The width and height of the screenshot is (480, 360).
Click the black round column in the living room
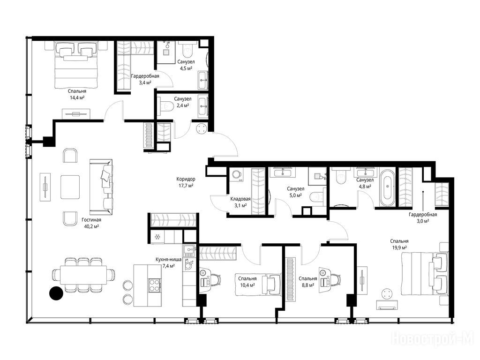[x=56, y=293]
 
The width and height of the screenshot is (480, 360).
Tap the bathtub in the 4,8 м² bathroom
[x=388, y=187]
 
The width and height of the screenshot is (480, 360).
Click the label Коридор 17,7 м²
[x=186, y=182]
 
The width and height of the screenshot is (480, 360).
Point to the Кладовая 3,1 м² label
[x=240, y=202]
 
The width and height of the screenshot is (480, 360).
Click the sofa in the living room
[x=101, y=187]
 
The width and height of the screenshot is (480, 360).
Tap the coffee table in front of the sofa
[x=70, y=187]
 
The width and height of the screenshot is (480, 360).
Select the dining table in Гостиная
[x=83, y=275]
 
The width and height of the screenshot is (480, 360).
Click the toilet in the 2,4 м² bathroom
[x=163, y=105]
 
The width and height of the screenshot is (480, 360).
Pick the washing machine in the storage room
[x=236, y=175]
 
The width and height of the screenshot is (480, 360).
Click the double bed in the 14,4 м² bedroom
[x=76, y=65]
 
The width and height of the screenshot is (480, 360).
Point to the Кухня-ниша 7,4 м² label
[x=168, y=262]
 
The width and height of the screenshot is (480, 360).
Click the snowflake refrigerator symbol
[x=157, y=237]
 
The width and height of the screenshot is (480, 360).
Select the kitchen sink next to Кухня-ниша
[x=189, y=250]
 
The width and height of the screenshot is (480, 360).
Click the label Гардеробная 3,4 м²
[x=145, y=79]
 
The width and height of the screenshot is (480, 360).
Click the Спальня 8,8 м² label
[x=307, y=282]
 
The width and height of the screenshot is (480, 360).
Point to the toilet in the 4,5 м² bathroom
[x=186, y=51]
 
